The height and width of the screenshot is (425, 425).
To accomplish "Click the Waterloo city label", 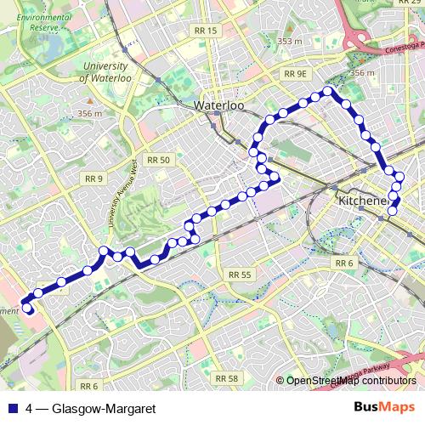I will tap(219, 105).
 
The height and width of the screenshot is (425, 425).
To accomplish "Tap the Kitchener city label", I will tap(363, 201).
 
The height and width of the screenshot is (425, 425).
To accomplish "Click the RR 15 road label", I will tap(207, 30).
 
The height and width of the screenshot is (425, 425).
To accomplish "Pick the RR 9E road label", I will tap(295, 74).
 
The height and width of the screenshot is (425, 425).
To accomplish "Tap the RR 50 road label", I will tap(158, 160).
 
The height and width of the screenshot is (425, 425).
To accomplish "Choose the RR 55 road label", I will tap(240, 275).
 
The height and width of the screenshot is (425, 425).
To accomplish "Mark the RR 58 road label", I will tap(226, 377).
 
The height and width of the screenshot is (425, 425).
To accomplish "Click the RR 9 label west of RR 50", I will tap(93, 178).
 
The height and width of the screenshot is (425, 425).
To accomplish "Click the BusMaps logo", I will tap(386, 407).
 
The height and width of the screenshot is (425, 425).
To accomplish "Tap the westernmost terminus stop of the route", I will tap(26, 308).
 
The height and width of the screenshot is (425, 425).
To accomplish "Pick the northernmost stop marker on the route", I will tap(326, 92).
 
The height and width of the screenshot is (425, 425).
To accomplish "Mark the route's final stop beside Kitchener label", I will tap(392, 210).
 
